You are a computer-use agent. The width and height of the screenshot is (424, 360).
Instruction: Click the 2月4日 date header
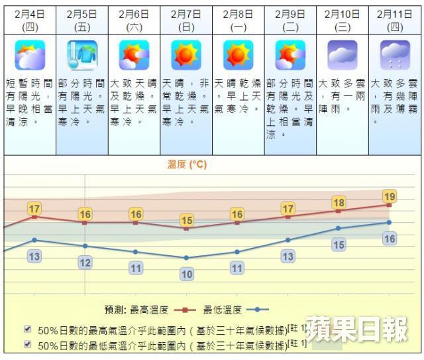click(x=30, y=20)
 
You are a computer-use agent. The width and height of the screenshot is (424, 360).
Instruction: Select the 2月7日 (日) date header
click(x=186, y=20)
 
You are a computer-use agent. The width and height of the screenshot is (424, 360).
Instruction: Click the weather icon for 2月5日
click(x=82, y=55)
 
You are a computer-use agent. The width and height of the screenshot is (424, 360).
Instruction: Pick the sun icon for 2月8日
click(x=238, y=55)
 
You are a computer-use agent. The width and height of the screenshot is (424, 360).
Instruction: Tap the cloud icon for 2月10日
click(x=342, y=55)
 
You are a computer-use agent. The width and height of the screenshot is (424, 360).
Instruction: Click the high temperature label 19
click(x=390, y=196)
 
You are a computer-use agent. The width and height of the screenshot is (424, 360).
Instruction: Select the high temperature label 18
click(x=339, y=203)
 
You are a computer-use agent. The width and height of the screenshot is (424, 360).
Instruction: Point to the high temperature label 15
click(x=187, y=220)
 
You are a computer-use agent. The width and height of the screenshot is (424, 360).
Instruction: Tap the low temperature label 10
click(x=187, y=274)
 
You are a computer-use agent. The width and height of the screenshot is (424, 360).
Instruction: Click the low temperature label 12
click(x=85, y=263)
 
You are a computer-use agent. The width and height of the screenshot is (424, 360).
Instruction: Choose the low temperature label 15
click(x=339, y=245)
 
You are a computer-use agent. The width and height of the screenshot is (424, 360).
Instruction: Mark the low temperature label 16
click(x=390, y=239)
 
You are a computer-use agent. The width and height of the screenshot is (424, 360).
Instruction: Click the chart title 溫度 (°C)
click(x=186, y=164)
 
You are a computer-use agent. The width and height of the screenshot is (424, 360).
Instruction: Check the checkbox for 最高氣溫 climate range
click(x=27, y=328)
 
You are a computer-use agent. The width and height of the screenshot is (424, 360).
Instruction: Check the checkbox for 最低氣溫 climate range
click(x=27, y=343)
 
